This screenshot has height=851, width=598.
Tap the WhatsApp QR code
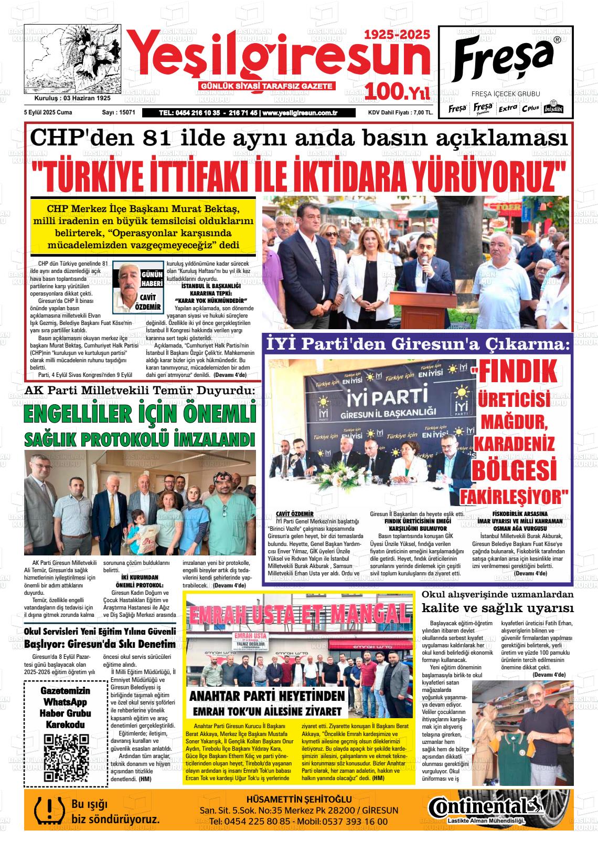[66, 758]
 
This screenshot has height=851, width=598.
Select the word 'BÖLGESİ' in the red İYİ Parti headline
[514, 469]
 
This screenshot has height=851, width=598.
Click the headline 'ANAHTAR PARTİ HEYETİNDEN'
[267, 696]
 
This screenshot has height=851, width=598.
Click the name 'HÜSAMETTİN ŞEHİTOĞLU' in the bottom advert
[298, 799]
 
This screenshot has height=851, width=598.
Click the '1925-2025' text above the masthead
[397, 35]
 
